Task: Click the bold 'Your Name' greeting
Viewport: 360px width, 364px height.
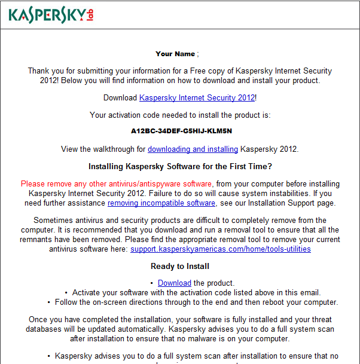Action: tap(175, 54)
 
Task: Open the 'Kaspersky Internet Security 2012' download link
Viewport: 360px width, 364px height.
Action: tap(197, 97)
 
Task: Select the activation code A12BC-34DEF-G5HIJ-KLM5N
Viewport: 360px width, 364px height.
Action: tap(181, 130)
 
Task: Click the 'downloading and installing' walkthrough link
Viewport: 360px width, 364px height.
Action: tap(193, 149)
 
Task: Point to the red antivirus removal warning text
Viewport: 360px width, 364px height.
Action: tap(116, 184)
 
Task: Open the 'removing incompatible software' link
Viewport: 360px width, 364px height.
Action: tap(161, 203)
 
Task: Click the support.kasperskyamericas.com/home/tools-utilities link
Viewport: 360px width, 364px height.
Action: tap(220, 249)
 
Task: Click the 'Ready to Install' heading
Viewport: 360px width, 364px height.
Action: tap(180, 266)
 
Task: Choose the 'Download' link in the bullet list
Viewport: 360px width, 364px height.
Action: tap(175, 283)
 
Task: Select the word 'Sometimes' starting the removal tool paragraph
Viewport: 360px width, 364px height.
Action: tap(52, 221)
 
